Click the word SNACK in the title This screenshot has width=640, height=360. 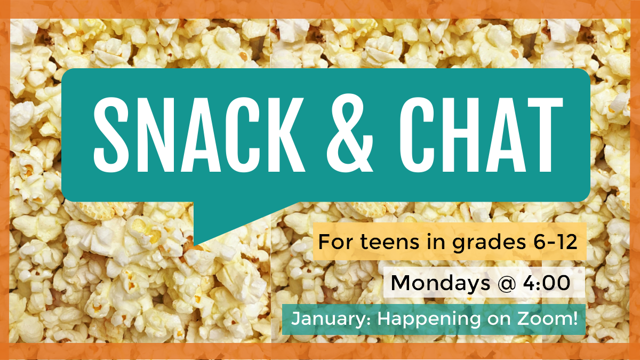click(x=199, y=135)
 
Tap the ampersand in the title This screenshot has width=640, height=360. click(x=350, y=133)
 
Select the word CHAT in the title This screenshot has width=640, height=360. click(x=481, y=135)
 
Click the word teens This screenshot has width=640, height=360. click(x=389, y=242)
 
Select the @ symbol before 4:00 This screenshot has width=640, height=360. click(x=507, y=283)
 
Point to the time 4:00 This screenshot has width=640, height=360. click(x=547, y=283)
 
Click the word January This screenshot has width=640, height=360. click(x=331, y=319)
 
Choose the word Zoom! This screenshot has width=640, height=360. click(x=547, y=318)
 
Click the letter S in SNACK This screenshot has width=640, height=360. click(x=111, y=135)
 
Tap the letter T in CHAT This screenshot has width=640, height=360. click(x=545, y=135)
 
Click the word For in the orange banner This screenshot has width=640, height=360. click(x=336, y=242)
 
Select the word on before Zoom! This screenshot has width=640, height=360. click(x=499, y=319)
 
